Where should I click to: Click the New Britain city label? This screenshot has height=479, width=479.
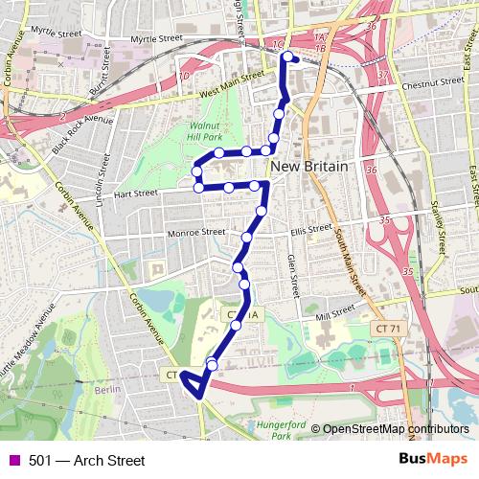tap(308, 166)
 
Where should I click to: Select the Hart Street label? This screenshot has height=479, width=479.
tap(134, 194)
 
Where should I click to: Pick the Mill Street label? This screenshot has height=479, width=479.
tap(334, 310)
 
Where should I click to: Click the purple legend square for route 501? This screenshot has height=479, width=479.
tap(13, 461)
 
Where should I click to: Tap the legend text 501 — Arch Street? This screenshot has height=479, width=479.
tap(87, 461)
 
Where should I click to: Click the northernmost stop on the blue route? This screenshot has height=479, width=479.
tap(286, 58)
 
